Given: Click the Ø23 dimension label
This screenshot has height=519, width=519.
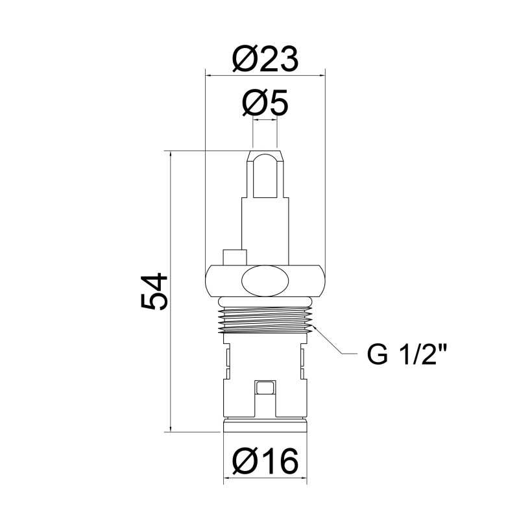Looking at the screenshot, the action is point(265,60).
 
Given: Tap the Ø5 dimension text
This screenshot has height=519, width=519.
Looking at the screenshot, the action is point(265,103).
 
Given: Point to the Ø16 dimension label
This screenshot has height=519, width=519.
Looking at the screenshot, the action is point(265,461).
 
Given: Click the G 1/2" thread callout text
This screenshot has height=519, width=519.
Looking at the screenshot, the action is point(407,354).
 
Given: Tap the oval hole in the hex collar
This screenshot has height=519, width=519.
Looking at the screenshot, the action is point(265,282).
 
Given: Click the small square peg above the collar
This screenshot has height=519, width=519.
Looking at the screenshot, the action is point(235,257).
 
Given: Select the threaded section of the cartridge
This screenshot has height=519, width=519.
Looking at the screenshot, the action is point(265,320).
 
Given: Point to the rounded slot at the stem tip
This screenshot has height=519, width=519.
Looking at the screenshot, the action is point(265,176).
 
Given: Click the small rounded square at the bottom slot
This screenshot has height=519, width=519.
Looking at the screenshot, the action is point(265,387).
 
